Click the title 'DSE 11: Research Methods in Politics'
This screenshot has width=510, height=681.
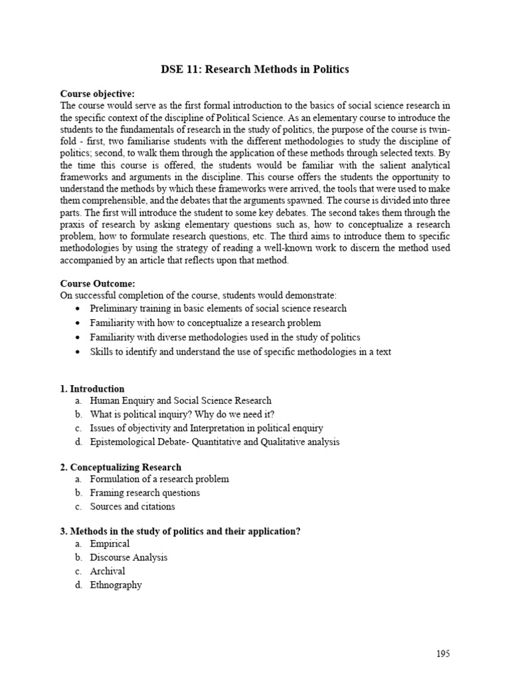(254, 70)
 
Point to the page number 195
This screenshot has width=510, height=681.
(443, 654)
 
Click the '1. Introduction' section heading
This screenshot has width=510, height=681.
(92, 388)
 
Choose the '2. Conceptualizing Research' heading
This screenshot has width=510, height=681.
(121, 467)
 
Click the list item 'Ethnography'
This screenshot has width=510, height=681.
(116, 585)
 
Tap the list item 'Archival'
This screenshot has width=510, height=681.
(108, 571)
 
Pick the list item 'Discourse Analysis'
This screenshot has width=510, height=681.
(129, 557)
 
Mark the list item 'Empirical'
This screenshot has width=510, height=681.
(110, 544)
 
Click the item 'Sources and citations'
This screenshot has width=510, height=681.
(133, 506)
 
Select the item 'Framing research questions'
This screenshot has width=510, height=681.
(145, 493)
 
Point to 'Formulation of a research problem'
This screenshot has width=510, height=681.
(159, 479)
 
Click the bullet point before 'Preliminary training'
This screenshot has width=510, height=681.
(78, 309)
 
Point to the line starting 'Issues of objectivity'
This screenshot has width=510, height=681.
(207, 428)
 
